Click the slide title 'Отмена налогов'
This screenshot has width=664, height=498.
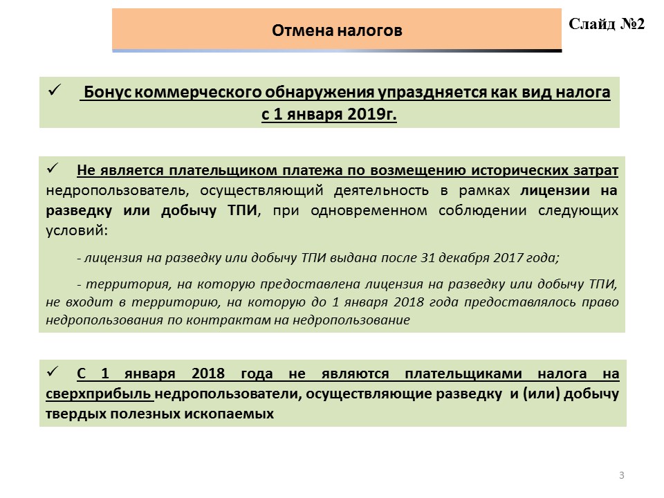point(337,30)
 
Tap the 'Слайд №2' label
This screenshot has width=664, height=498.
point(607,24)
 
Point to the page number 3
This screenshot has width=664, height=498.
point(622,475)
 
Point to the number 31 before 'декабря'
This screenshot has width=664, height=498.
point(427,258)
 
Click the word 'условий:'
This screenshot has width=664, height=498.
point(77,230)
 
